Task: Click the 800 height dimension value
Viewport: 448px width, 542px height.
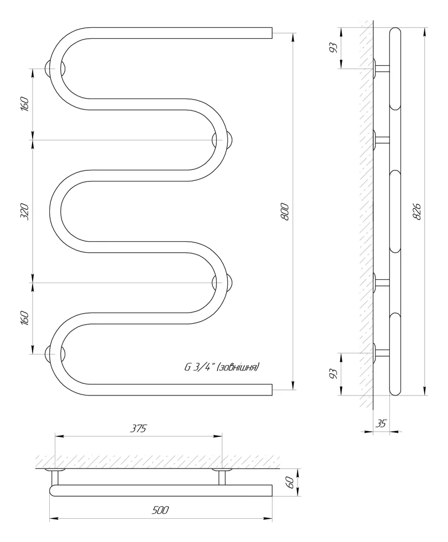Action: click(285, 212)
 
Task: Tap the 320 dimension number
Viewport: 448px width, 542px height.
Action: click(25, 211)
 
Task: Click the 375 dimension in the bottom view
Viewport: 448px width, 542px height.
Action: click(138, 428)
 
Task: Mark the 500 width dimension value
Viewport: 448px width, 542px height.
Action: click(160, 510)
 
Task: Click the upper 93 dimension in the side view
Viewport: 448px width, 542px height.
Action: click(333, 48)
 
